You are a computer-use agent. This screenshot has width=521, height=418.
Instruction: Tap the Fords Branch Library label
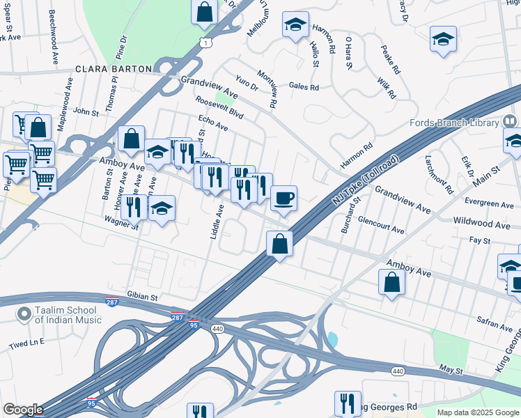click(x=453, y=123)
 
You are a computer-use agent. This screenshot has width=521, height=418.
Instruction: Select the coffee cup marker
click(x=283, y=199)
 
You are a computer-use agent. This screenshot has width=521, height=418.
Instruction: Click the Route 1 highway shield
click(x=205, y=43)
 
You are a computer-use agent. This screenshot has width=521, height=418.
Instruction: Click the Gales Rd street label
click(x=303, y=87)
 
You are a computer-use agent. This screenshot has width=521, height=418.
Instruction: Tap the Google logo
click(x=23, y=410)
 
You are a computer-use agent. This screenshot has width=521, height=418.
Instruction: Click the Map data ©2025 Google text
click(x=477, y=412)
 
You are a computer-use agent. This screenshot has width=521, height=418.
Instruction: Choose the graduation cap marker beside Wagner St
click(x=162, y=209)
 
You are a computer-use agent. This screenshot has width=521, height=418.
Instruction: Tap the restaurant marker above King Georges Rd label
click(x=347, y=403)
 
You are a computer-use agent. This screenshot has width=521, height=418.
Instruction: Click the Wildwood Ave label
click(x=481, y=225)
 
